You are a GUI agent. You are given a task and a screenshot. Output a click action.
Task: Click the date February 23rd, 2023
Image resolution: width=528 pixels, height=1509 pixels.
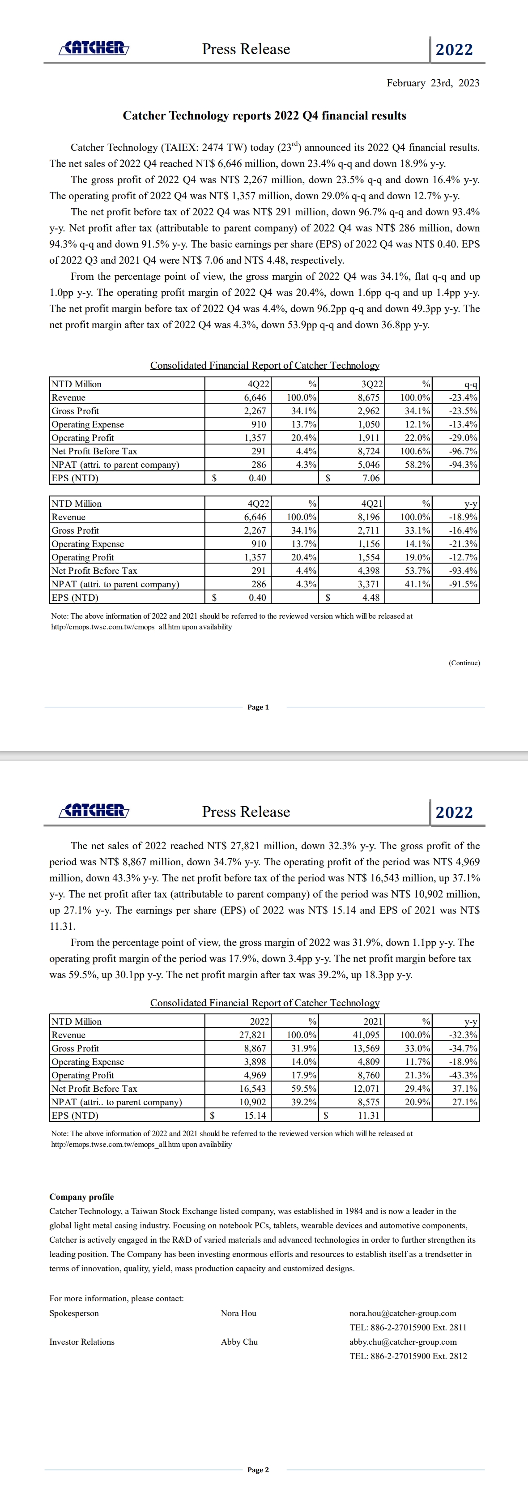click(433, 83)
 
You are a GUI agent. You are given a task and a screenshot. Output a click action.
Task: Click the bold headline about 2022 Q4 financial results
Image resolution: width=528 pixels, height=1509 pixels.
click(264, 115)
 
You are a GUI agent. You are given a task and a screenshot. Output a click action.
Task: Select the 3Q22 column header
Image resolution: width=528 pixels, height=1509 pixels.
click(372, 384)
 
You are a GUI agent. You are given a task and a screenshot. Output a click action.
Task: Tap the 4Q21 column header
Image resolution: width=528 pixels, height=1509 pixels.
click(372, 504)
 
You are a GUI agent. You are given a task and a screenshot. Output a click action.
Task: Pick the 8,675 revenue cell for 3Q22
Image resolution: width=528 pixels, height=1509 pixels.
click(368, 398)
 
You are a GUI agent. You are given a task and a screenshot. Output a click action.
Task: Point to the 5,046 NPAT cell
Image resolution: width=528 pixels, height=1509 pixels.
click(368, 465)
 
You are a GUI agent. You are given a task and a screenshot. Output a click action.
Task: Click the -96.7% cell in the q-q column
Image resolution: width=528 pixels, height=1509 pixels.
click(462, 451)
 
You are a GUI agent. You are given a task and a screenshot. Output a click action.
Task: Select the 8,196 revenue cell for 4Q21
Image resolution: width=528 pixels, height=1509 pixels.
click(368, 517)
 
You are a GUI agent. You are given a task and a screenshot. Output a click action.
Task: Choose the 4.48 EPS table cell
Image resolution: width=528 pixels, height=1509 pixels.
click(370, 598)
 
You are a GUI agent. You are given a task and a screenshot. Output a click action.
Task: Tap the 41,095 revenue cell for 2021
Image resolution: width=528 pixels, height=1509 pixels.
click(366, 1035)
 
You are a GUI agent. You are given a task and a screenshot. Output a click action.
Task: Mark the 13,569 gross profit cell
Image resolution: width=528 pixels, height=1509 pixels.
click(366, 1048)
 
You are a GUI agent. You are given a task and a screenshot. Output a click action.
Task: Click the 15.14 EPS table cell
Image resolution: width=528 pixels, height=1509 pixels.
click(255, 1116)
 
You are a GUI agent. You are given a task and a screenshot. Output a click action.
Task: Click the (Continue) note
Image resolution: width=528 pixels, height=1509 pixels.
click(464, 663)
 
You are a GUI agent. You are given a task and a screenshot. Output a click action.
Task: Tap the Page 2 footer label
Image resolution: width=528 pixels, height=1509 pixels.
click(258, 1470)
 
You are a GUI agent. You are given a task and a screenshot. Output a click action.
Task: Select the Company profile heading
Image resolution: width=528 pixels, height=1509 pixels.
click(81, 1197)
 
